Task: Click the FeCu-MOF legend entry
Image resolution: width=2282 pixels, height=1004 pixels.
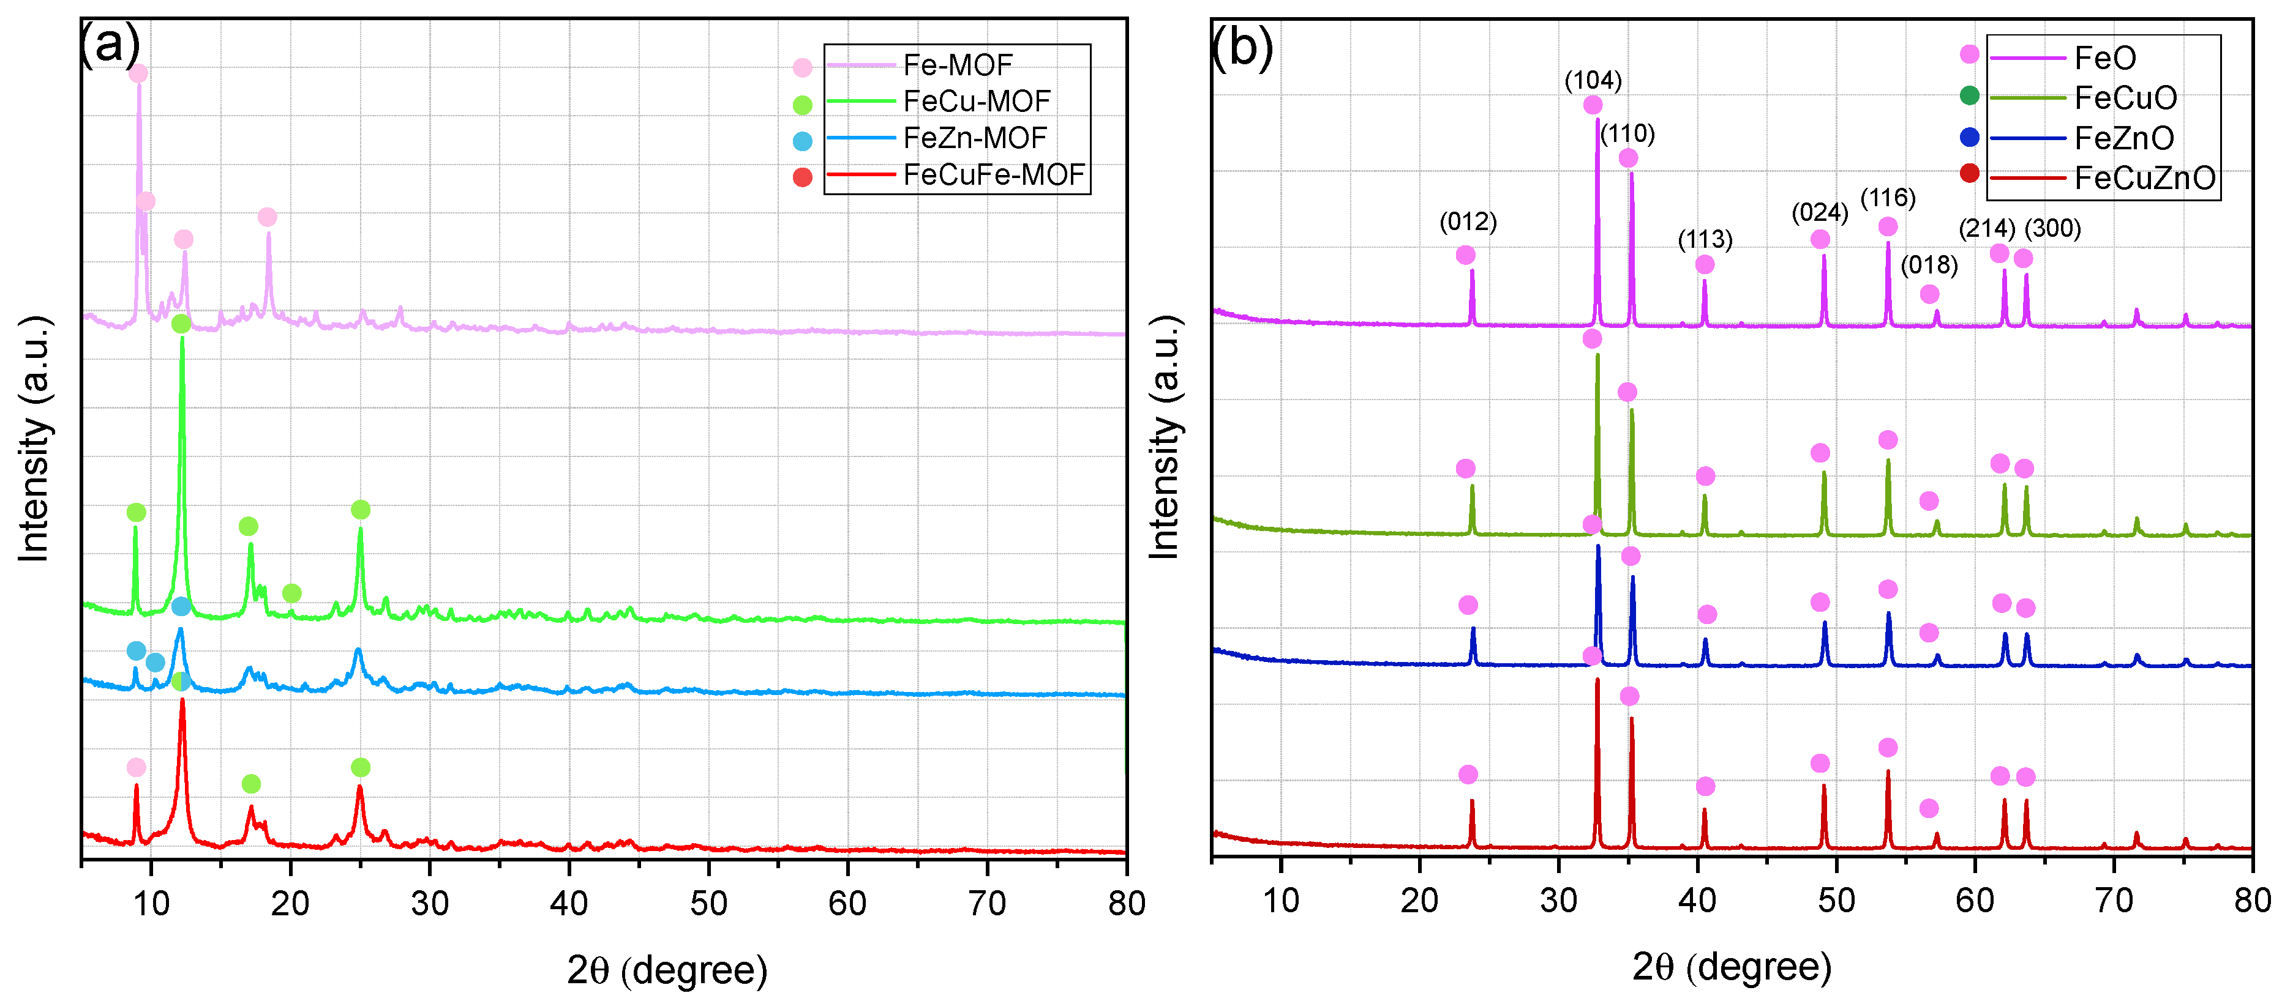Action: [x=976, y=101]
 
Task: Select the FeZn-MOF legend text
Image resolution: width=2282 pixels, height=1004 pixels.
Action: [x=974, y=138]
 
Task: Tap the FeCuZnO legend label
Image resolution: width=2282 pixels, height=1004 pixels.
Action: [x=2144, y=178]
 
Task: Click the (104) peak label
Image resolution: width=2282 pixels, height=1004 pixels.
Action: [x=1593, y=81]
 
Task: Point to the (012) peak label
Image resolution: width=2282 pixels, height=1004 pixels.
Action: [x=1468, y=221]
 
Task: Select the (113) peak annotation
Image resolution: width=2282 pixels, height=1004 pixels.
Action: [x=1705, y=239]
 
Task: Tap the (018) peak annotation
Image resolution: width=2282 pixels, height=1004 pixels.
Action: [x=1929, y=265]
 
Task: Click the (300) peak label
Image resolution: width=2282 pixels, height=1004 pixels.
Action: [x=2052, y=228]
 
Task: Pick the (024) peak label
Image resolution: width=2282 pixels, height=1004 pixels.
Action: [x=1820, y=212]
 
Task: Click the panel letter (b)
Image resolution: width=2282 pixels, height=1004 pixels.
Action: [x=1241, y=46]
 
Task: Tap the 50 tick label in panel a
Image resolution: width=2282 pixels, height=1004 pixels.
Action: [x=708, y=903]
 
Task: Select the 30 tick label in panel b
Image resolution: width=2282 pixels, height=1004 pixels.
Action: [x=1558, y=901]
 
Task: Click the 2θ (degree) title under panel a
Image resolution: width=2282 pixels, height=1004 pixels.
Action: [x=666, y=970]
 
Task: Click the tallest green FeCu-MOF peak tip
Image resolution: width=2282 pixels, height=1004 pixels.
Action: [x=182, y=339]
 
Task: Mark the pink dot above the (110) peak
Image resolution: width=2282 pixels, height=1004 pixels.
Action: [x=1628, y=158]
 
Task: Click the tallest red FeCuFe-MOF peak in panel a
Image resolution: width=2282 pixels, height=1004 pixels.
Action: [x=182, y=701]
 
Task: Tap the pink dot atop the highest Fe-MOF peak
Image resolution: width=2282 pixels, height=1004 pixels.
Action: [x=138, y=73]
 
